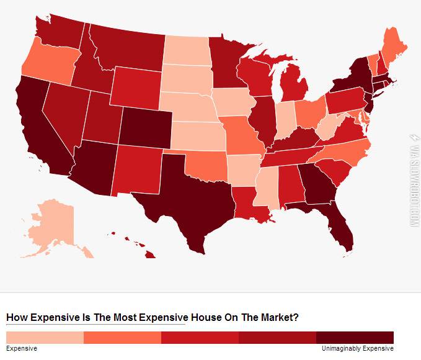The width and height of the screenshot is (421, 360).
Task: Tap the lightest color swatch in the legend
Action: pyautogui.click(x=45, y=337)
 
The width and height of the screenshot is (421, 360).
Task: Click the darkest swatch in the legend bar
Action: pyautogui.click(x=355, y=337)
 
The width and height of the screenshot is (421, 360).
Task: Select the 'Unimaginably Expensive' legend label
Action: pyautogui.click(x=357, y=349)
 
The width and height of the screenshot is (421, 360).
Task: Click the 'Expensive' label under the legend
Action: pyautogui.click(x=22, y=349)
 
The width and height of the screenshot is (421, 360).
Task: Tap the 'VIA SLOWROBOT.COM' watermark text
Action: pyautogui.click(x=412, y=180)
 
